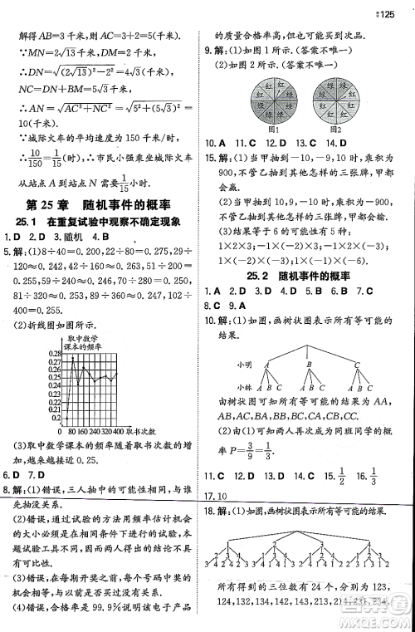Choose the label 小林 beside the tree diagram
(x=243, y=387)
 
